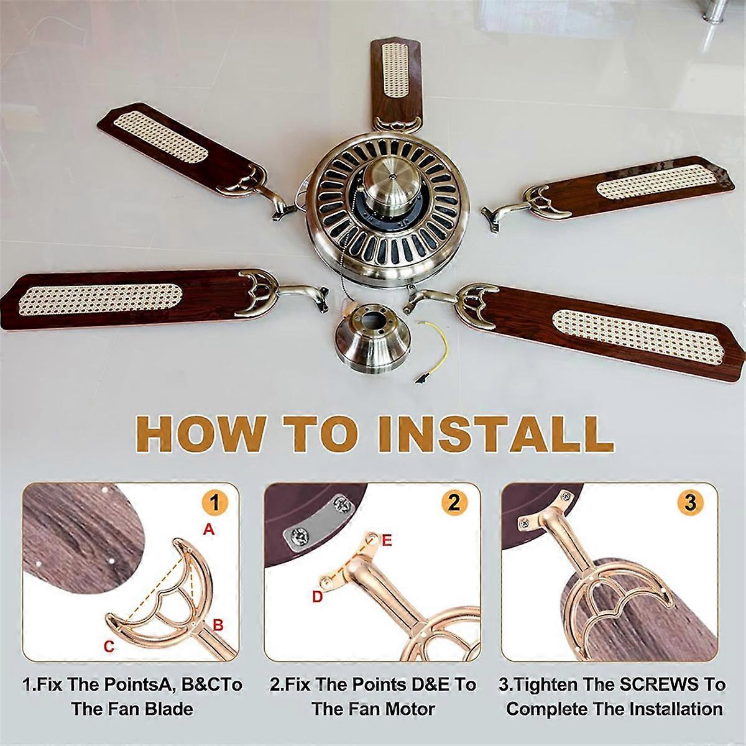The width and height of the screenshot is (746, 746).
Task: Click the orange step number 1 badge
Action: coord(214,502)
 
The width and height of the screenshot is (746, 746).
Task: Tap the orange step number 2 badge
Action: coord(454,502)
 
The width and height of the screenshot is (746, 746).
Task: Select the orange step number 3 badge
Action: coord(690,502)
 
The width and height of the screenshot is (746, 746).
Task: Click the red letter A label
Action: coord(209,530)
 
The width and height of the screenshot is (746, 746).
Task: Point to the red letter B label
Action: coord(218,625)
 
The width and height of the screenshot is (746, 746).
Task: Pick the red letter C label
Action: coord(109,647)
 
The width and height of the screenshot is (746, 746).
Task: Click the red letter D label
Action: coord(318,597)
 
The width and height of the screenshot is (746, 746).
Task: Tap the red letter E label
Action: coord(386,541)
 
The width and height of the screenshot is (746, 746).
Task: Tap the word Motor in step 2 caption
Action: coord(407,709)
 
